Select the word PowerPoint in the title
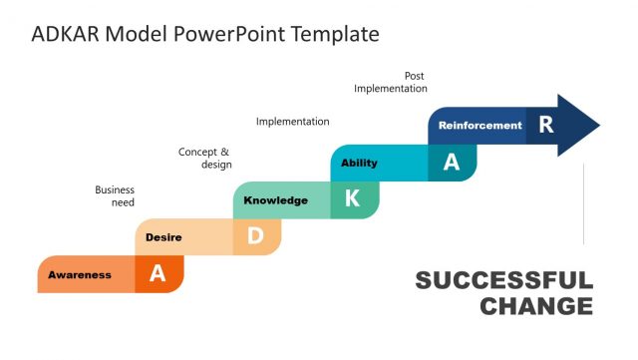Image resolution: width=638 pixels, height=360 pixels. click(231, 34)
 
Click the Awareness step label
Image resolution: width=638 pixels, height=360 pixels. click(80, 274)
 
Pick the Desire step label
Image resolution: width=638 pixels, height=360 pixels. click(162, 237)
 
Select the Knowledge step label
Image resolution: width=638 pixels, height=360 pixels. click(275, 200)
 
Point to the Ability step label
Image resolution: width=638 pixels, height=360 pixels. click(359, 163)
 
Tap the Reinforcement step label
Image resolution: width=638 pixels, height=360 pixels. click(479, 126)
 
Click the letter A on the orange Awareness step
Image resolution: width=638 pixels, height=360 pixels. click(158, 274)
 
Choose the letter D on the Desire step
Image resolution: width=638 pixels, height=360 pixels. click(255, 236)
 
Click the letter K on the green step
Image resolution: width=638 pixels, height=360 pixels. click(352, 199)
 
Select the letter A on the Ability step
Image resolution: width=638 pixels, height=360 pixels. click(451, 163)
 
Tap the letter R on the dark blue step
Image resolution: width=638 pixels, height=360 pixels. click(545, 125)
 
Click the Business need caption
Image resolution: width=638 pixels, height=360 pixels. click(115, 195)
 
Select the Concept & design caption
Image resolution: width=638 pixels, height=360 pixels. click(205, 158)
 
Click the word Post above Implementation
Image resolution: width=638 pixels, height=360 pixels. click(414, 76)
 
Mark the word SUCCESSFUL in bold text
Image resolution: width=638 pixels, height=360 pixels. click(503, 280)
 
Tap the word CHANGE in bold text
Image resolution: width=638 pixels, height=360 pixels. click(535, 306)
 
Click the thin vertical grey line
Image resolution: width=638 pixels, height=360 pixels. click(583, 204)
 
